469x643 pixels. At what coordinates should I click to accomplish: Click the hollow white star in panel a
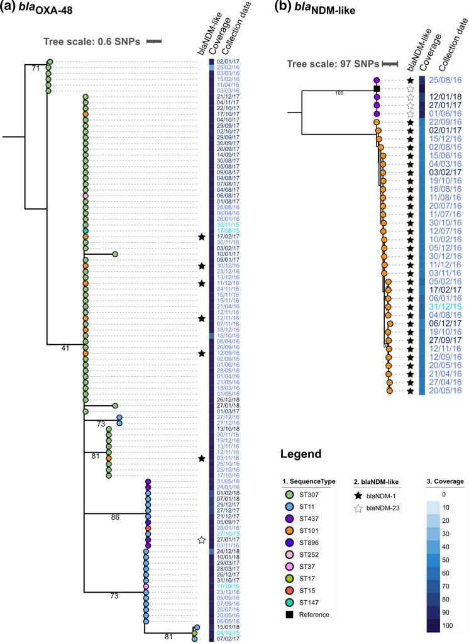202,540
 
